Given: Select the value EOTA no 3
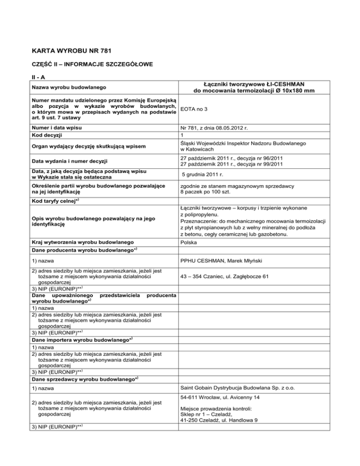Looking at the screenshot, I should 198,110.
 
